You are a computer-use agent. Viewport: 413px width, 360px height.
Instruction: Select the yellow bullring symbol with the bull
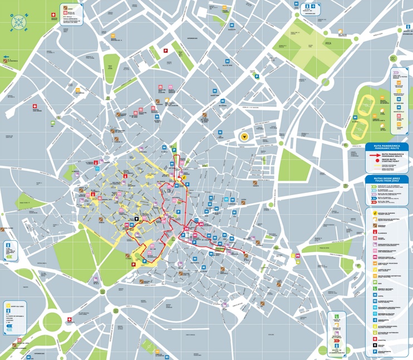(244, 136)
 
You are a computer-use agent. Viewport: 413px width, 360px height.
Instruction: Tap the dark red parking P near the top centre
(165, 51)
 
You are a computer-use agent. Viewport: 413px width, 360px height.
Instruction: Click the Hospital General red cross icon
(35, 106)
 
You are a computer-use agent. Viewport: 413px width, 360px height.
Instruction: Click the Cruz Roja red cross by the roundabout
(69, 320)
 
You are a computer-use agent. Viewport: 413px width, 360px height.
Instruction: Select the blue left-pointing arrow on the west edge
(6, 57)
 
